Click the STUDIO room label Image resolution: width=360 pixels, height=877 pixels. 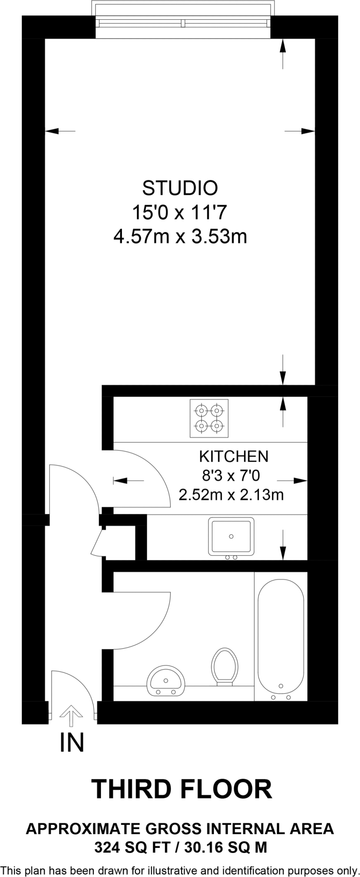click(x=180, y=188)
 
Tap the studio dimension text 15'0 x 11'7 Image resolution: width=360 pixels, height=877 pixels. click(x=180, y=212)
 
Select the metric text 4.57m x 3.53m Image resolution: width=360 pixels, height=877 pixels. click(x=180, y=236)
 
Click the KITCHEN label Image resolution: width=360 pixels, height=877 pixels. click(x=234, y=456)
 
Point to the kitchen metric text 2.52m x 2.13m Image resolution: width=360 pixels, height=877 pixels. click(x=231, y=495)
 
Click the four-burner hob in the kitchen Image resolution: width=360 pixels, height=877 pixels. click(x=209, y=418)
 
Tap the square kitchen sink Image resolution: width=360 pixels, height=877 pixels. click(x=231, y=536)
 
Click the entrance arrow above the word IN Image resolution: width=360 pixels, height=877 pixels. click(x=71, y=716)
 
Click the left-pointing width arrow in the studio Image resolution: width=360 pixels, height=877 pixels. click(x=60, y=131)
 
